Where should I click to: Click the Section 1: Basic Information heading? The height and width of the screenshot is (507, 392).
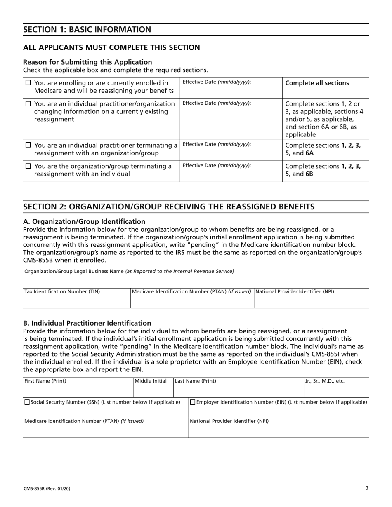pyautogui.click(x=87, y=29)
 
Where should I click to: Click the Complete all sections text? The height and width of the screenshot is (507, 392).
pyautogui.click(x=317, y=83)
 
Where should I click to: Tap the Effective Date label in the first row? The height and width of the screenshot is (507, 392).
pyautogui.click(x=216, y=82)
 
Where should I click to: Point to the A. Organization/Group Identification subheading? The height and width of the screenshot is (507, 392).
pyautogui.click(x=84, y=221)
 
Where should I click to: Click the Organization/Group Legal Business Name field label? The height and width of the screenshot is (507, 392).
pyautogui.click(x=129, y=271)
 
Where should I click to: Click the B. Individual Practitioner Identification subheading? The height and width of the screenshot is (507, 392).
pyautogui.click(x=87, y=323)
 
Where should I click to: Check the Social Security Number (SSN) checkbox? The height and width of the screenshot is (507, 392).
pyautogui.click(x=27, y=402)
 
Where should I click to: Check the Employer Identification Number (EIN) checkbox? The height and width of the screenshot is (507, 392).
pyautogui.click(x=192, y=402)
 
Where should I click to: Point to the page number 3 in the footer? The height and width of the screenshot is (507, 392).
pyautogui.click(x=367, y=488)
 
